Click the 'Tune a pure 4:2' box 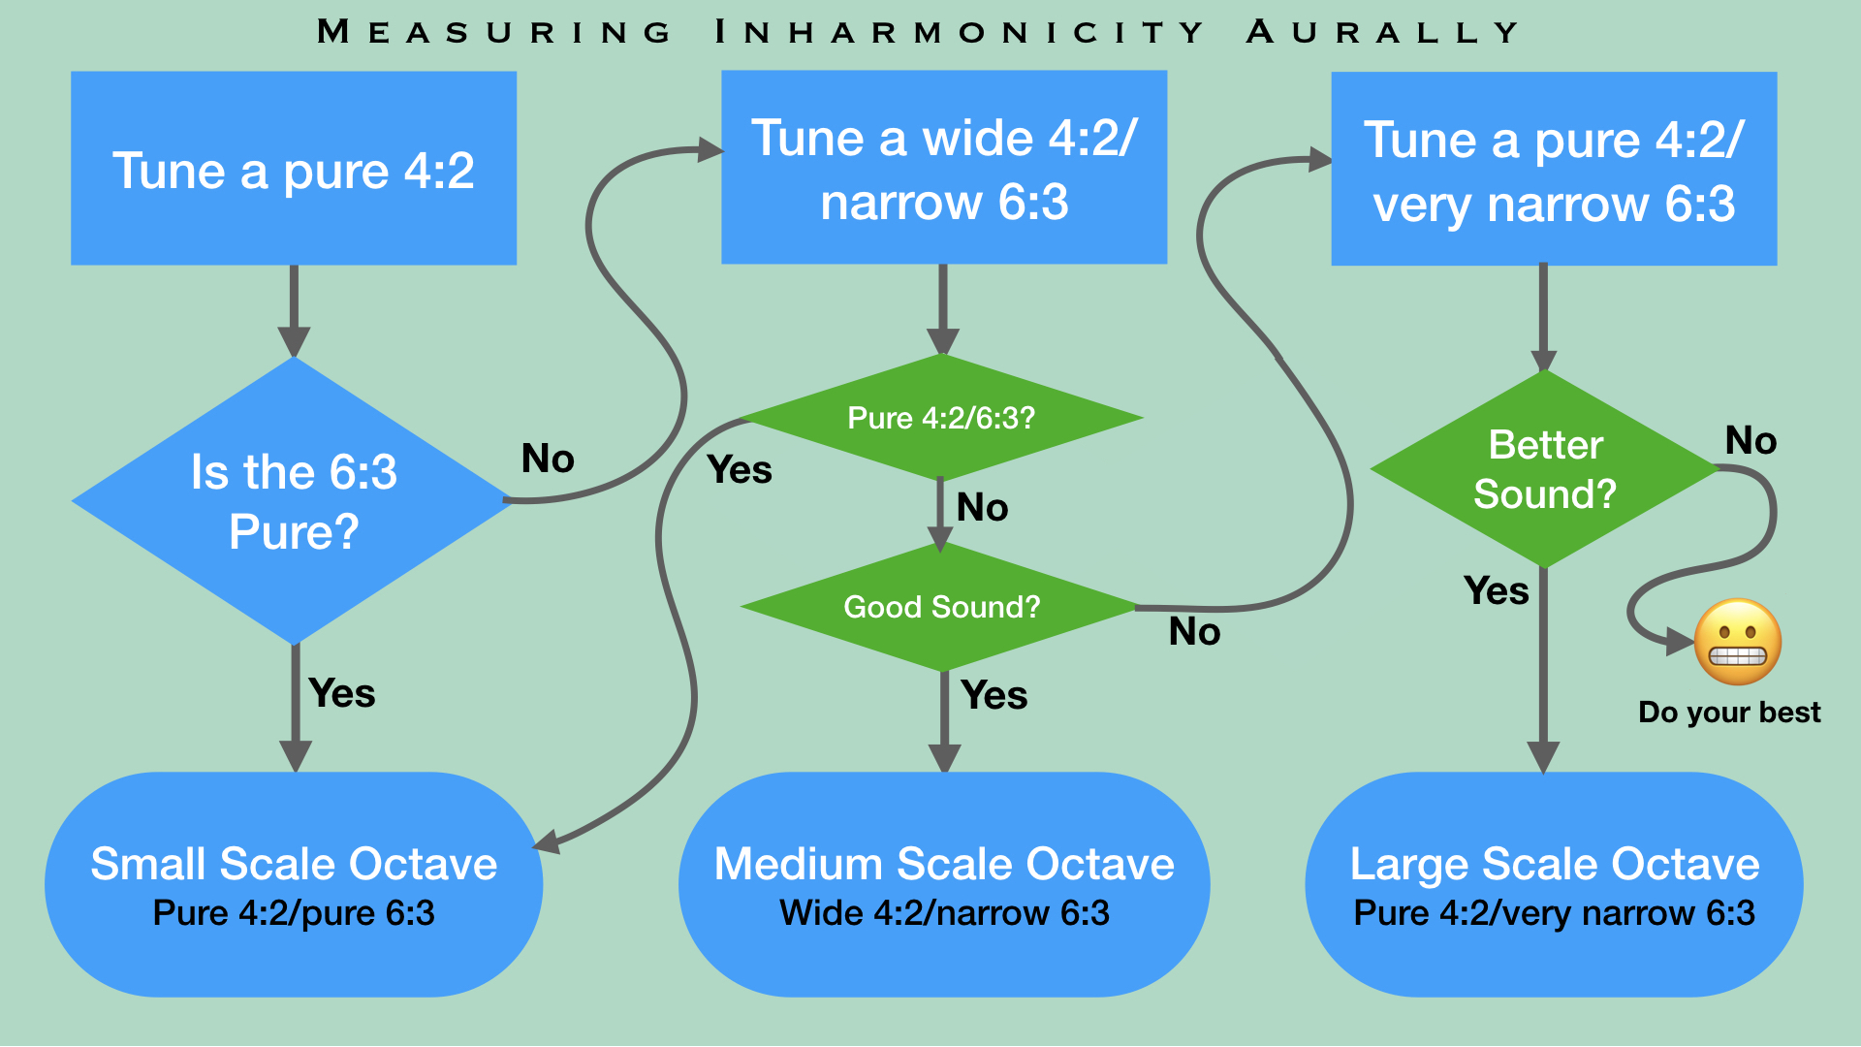(294, 169)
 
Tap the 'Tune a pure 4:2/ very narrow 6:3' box (1554, 169)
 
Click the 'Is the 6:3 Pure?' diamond (293, 501)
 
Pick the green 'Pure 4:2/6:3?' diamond (941, 418)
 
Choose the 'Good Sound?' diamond (941, 607)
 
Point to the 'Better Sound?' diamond (1545, 469)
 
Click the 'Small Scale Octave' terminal (294, 884)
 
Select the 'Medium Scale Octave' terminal (944, 884)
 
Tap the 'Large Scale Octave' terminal (1554, 884)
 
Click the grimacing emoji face (1737, 642)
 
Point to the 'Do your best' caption (1729, 713)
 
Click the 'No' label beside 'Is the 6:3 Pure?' (548, 459)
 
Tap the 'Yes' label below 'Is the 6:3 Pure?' (341, 694)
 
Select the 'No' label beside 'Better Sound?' (1751, 441)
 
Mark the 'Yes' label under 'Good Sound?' (994, 696)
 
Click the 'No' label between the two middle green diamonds (982, 508)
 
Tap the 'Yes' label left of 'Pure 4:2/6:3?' (740, 470)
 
